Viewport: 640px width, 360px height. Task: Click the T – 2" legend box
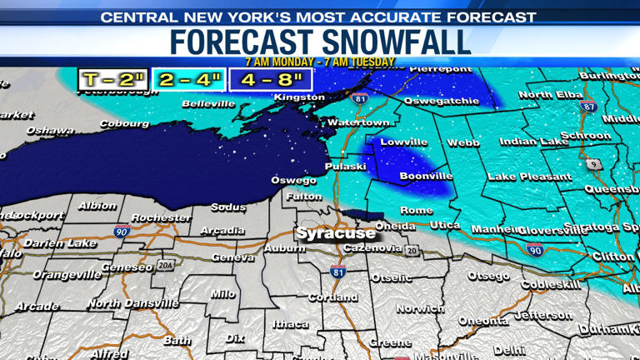pyautogui.click(x=113, y=80)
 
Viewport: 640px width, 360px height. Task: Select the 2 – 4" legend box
pyautogui.click(x=190, y=80)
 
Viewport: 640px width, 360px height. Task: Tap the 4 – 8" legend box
pyautogui.click(x=271, y=80)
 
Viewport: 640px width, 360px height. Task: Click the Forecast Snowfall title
pyautogui.click(x=320, y=42)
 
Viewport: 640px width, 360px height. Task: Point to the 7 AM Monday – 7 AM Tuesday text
pyautogui.click(x=320, y=62)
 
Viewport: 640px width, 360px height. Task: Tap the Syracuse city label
pyautogui.click(x=336, y=233)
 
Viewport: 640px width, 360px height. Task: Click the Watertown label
pyautogui.click(x=358, y=122)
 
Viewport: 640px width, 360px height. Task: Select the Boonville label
pyautogui.click(x=426, y=176)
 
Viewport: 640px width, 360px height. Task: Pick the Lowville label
pyautogui.click(x=404, y=142)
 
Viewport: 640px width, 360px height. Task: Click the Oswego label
pyautogui.click(x=293, y=180)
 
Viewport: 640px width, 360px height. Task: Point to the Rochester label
pyautogui.click(x=161, y=217)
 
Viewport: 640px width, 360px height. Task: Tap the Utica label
pyautogui.click(x=445, y=226)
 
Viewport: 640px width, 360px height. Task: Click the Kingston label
pyautogui.click(x=299, y=97)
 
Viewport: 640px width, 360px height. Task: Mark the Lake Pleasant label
pyautogui.click(x=529, y=177)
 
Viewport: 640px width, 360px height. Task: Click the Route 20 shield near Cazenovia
pyautogui.click(x=411, y=250)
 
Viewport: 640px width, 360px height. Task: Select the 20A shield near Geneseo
pyautogui.click(x=166, y=265)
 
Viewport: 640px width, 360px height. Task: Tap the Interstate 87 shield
pyautogui.click(x=588, y=106)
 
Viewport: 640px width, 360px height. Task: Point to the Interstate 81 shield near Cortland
pyautogui.click(x=337, y=272)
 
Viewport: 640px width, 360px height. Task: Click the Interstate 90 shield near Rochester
pyautogui.click(x=122, y=232)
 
